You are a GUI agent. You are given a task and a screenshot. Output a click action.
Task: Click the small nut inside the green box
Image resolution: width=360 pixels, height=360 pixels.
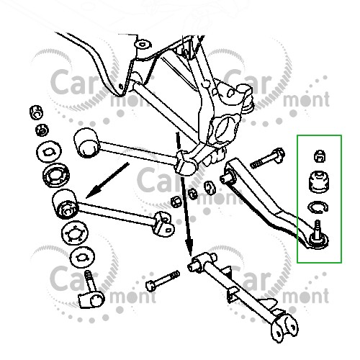tap(320, 156)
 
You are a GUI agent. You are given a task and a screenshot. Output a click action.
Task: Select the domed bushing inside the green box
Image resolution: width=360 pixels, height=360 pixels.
tap(318, 182)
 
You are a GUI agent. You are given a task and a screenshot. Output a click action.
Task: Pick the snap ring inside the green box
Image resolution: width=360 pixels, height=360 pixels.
tap(318, 207)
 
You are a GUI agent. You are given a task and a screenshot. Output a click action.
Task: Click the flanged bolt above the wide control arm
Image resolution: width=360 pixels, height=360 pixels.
tap(267, 158)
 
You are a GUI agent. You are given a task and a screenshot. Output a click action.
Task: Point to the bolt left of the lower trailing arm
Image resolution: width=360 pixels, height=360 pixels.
tap(163, 281)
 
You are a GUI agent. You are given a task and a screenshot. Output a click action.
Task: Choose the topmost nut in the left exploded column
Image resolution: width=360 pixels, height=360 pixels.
tap(36, 112)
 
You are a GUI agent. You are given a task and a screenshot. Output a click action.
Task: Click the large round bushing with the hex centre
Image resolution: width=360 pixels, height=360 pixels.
tap(56, 176)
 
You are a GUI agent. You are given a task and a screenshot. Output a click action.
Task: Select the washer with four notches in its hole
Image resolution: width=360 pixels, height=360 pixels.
tap(75, 233)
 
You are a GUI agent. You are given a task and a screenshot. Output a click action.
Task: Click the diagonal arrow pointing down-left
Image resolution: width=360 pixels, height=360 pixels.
tap(107, 180)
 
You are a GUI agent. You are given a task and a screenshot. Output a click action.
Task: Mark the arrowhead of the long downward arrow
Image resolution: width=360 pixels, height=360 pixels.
tap(189, 248)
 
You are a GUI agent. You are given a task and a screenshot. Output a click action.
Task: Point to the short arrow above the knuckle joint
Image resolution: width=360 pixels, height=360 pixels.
tap(178, 143)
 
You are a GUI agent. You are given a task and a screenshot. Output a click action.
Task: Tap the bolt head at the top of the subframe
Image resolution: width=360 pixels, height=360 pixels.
tap(143, 45)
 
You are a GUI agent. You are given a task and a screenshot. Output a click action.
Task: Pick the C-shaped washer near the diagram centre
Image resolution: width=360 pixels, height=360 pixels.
tap(210, 187)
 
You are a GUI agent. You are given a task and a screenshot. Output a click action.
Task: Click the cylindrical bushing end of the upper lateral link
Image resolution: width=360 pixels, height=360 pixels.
tap(86, 143)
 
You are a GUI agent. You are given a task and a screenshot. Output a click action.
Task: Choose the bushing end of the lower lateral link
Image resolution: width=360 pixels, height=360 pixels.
tap(65, 204)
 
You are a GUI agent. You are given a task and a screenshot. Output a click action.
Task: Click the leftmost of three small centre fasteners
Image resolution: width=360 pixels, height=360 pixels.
tap(176, 201)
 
